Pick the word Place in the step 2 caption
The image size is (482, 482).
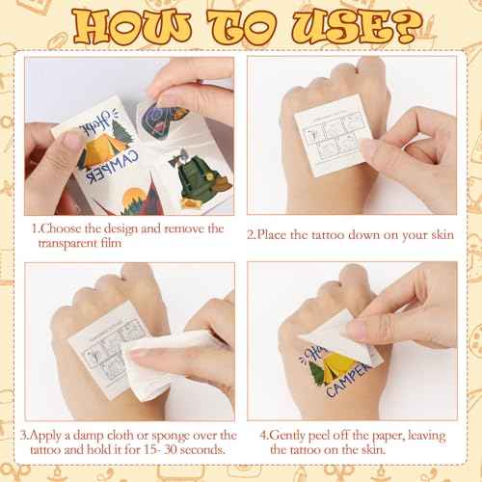pos(281,232)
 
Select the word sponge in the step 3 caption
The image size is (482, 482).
pos(177,435)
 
